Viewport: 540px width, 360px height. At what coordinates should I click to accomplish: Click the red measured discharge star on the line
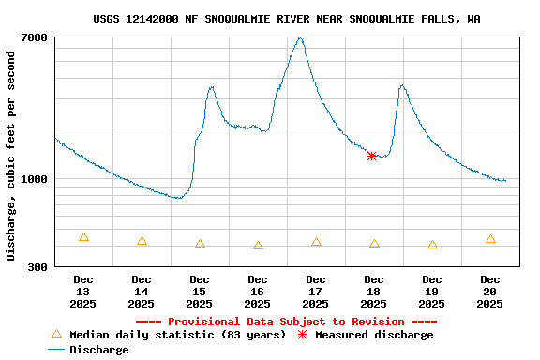[372, 156]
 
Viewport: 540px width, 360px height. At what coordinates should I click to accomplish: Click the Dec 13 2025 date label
[83, 292]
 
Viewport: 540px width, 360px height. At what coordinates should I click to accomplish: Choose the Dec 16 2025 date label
[258, 292]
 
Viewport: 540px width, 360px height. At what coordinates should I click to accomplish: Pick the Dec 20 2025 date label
[490, 292]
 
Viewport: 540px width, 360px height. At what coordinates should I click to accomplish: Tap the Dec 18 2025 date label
[374, 292]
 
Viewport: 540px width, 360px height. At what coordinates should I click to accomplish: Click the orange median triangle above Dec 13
[83, 237]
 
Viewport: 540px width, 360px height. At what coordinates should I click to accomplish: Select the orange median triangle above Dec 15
[200, 244]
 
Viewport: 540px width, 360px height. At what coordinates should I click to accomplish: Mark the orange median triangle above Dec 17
[316, 242]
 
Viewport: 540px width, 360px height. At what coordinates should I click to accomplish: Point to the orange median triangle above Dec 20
[490, 239]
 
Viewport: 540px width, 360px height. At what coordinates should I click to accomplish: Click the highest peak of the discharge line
[299, 38]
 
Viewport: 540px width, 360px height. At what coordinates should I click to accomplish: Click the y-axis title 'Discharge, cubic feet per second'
[11, 156]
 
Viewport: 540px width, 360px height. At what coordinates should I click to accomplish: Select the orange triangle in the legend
[56, 334]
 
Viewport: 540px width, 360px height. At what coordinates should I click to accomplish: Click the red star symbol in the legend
[302, 335]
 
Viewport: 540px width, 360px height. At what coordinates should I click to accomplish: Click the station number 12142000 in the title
[185, 19]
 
